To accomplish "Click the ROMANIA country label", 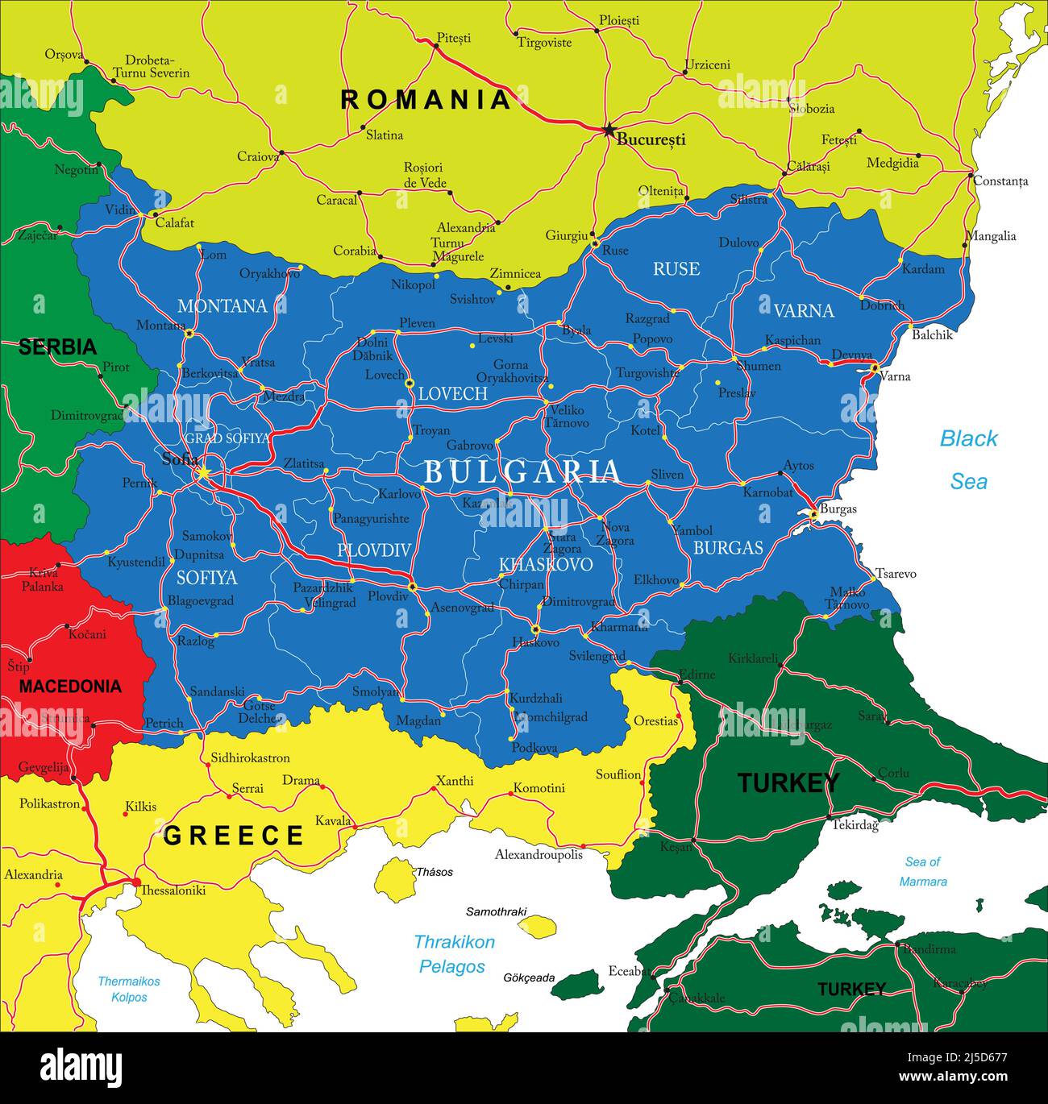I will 426,100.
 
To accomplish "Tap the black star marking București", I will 609,130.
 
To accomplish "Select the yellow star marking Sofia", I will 204,473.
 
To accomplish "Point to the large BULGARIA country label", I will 522,472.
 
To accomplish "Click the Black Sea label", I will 968,460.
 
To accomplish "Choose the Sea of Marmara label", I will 923,872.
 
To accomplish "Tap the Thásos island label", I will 434,872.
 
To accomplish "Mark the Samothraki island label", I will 496,912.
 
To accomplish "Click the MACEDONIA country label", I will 70,687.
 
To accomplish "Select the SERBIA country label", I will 57,347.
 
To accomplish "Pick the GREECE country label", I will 234,836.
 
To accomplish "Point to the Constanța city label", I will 1000,181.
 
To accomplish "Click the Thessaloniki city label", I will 173,890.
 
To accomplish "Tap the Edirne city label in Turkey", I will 697,674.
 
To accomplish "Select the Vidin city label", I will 120,210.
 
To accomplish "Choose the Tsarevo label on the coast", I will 896,574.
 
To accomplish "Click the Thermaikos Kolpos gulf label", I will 129,990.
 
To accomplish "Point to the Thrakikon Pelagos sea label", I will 454,954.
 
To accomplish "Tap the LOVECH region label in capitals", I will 452,394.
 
